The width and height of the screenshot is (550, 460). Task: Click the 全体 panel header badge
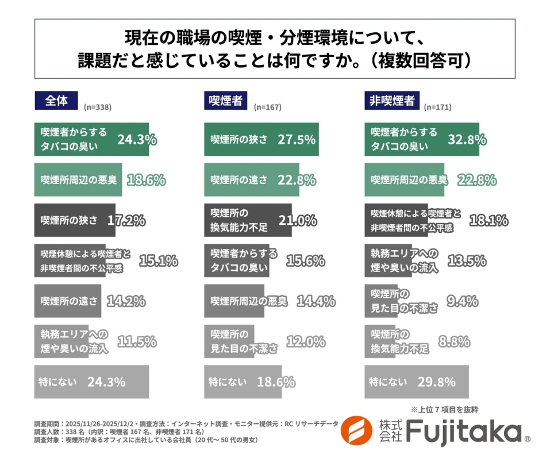pos(56,101)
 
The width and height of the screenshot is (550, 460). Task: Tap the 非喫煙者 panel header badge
pos(391,101)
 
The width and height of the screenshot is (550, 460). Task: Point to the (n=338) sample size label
pos(97,107)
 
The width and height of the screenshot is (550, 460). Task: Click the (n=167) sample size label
pos(267,107)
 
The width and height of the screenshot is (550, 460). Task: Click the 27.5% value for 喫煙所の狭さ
pos(297,139)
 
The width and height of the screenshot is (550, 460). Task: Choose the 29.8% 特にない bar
pos(416,382)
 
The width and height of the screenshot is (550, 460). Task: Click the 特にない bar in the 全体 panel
pos(91,382)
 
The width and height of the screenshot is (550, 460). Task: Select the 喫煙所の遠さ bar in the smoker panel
pos(251,180)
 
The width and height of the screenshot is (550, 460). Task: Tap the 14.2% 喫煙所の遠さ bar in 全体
pos(68,301)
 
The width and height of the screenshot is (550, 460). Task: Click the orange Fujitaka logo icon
pos(356,431)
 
